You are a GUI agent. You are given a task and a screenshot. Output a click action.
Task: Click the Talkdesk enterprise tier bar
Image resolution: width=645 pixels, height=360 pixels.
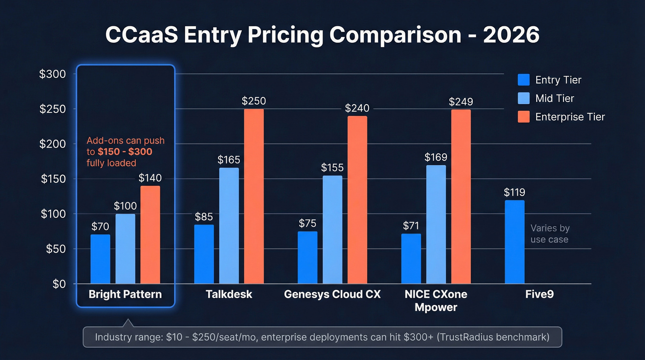(254, 196)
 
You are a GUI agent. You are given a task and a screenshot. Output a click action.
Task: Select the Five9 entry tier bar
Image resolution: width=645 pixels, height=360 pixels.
(515, 242)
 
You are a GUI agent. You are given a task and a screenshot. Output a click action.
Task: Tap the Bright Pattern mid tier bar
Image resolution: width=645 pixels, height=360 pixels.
(125, 249)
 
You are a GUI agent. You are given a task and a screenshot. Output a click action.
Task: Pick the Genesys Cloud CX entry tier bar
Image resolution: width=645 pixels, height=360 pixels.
(307, 257)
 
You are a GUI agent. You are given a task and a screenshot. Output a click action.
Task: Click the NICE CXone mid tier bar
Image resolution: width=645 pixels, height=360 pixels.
(436, 224)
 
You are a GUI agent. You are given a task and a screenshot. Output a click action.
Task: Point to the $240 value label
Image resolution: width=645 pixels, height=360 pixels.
(358, 108)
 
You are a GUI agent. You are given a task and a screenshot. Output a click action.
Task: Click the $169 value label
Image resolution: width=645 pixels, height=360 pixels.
(436, 158)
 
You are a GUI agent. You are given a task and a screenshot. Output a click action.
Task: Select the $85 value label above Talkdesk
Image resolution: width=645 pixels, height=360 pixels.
(204, 217)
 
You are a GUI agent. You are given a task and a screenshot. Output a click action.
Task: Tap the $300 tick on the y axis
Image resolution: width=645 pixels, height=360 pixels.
(53, 74)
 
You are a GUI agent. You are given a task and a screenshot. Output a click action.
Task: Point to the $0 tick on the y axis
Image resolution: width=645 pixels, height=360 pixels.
(58, 284)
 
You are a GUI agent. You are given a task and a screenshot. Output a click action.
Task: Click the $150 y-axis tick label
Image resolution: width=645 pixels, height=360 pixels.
(53, 179)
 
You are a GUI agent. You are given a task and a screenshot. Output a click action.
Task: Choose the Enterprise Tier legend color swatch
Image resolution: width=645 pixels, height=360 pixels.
(524, 117)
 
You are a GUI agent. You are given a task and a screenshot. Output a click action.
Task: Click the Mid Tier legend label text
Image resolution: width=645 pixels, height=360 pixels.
(555, 99)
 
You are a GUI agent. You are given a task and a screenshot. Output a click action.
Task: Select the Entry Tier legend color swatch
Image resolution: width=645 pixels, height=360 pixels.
(524, 80)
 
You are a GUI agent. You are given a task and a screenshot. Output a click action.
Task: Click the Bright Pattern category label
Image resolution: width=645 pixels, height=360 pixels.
(125, 294)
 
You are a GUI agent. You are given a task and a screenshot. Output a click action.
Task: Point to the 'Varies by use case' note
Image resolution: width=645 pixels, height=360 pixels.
(549, 234)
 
